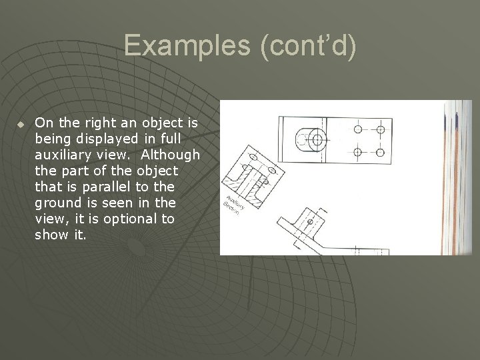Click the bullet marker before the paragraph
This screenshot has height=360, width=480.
click(x=21, y=124)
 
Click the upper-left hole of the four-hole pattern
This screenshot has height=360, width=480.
click(x=358, y=129)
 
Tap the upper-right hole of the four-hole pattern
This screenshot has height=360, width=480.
click(x=381, y=129)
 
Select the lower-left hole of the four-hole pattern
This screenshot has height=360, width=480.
click(x=358, y=152)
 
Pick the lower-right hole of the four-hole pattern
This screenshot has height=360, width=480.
click(x=381, y=152)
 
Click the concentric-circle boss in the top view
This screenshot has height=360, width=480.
click(x=315, y=140)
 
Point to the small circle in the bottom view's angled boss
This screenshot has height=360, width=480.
click(x=309, y=221)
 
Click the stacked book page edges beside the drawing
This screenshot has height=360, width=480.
click(x=459, y=177)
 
